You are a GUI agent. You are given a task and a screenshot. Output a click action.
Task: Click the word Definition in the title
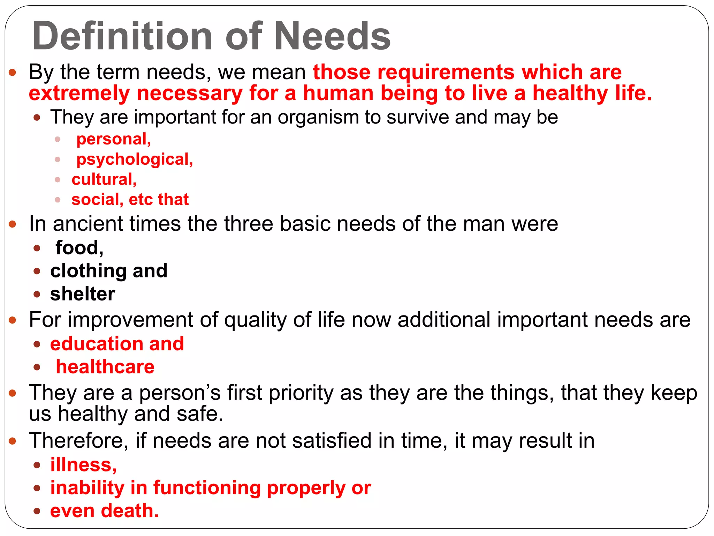pos(122,36)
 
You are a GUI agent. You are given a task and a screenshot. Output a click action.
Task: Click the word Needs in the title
pos(333,36)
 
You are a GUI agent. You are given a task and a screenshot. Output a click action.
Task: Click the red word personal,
pos(114,139)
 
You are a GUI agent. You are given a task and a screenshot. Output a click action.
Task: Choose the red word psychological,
pos(135,159)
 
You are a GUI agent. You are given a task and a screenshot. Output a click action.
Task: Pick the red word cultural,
pos(104,179)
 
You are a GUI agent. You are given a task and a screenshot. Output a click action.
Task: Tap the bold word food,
pos(79,248)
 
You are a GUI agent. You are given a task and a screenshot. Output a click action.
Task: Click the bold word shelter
pos(83,294)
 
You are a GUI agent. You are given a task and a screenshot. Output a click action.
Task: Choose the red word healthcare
pos(105,367)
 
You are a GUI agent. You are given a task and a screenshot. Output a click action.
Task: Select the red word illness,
pos(83,465)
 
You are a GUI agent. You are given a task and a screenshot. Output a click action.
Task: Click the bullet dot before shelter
pos(37,294)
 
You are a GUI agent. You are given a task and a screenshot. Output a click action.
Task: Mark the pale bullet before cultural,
pos(58,180)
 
